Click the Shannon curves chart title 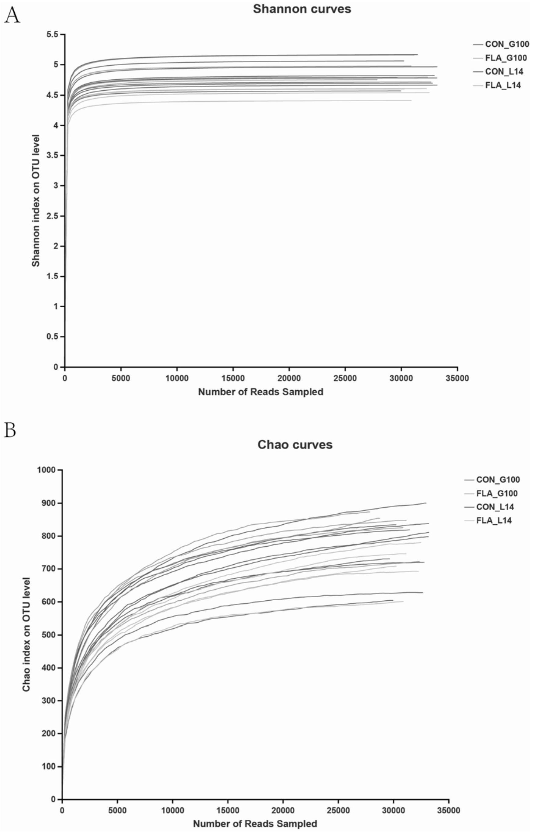coord(302,9)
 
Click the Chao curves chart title coord(295,445)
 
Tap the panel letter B coord(10,430)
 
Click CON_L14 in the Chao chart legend coord(495,507)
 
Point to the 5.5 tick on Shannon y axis coord(53,34)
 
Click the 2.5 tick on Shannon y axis coord(53,216)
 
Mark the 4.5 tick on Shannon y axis coord(53,95)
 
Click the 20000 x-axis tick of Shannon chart coord(289,378)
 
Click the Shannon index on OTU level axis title coord(36,201)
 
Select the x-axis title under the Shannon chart coord(261,392)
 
